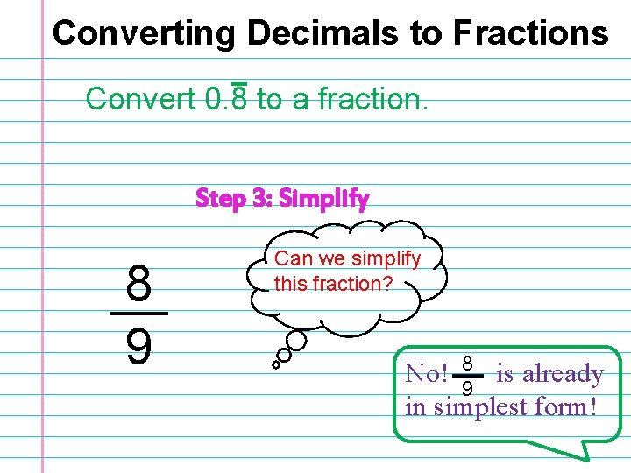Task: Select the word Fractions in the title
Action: [x=530, y=33]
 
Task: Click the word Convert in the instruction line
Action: [x=140, y=99]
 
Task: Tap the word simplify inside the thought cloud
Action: [x=386, y=259]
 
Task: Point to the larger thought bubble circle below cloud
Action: [x=297, y=340]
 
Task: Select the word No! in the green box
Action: [x=426, y=374]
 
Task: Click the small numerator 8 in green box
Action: [x=467, y=363]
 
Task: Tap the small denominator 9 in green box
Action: [x=467, y=387]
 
